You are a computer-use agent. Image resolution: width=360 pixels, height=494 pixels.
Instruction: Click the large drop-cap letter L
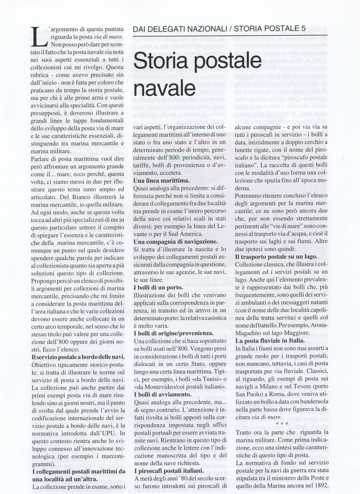click(x=39, y=37)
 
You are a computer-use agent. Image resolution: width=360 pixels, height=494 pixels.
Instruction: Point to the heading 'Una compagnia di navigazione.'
click(x=175, y=241)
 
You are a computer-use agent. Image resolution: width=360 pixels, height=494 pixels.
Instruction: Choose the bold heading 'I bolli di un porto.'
click(x=158, y=288)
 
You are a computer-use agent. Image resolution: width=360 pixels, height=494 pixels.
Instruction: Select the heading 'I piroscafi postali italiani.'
click(x=168, y=470)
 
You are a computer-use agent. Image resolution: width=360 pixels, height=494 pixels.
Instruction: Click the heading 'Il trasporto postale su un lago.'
click(x=276, y=257)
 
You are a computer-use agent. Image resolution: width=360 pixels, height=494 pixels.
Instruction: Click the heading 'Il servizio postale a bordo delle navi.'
click(x=79, y=356)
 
